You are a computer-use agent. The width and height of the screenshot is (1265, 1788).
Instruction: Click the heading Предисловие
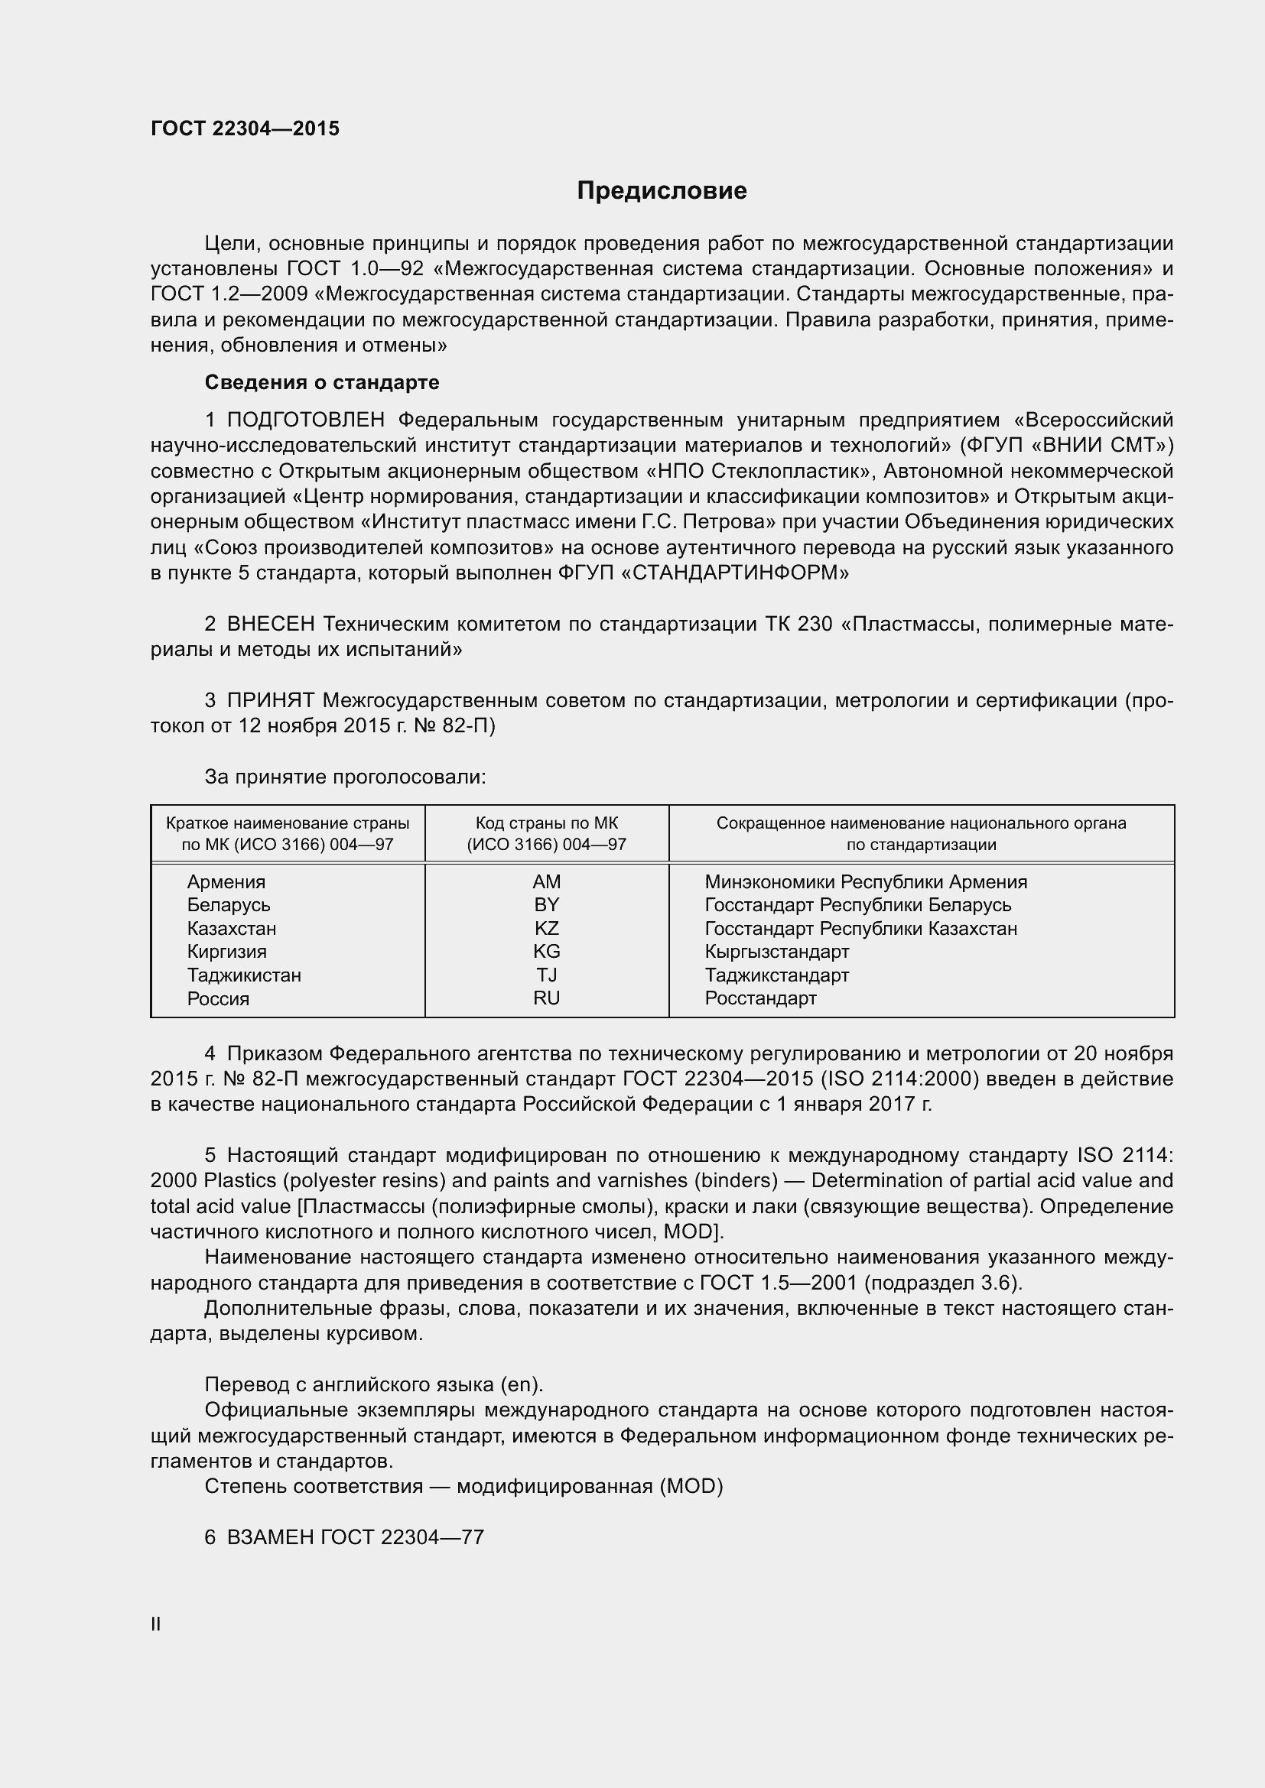662,191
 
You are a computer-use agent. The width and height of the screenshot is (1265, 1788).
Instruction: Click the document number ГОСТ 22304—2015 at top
245,128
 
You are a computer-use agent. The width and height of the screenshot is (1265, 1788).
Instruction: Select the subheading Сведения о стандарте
322,382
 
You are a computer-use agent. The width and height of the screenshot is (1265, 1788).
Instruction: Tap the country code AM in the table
546,881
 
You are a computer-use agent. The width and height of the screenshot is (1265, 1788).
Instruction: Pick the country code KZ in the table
546,928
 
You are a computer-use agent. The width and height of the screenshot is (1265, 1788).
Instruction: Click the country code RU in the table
546,998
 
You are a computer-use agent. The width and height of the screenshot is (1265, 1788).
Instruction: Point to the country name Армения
226,881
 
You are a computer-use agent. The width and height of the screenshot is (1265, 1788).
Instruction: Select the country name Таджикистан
244,975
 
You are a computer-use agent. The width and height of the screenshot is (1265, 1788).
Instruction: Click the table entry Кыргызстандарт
776,952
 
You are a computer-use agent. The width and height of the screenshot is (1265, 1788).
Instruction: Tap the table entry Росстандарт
760,998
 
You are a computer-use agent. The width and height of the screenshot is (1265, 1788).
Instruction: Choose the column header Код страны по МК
546,823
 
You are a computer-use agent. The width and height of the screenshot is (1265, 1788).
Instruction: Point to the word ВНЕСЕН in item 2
270,624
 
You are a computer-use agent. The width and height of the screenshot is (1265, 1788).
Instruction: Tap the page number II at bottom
156,1624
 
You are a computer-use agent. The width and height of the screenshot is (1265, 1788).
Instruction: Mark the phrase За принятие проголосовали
345,777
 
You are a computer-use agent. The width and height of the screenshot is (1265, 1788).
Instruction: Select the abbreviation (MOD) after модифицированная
691,1486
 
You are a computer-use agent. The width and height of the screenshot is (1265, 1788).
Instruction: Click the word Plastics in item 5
238,1180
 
